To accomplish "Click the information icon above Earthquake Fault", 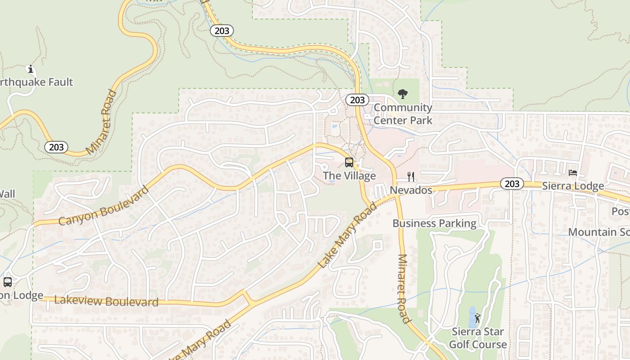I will [x=31, y=69].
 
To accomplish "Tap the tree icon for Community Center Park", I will [x=403, y=94].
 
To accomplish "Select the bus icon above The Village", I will [x=349, y=162].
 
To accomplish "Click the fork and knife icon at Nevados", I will [x=410, y=176].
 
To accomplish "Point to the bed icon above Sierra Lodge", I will [x=572, y=173].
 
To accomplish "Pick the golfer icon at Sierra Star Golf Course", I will [x=477, y=318].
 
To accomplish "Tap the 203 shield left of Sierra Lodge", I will [x=512, y=184].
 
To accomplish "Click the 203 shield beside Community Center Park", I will [x=357, y=100].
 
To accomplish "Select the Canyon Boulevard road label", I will [x=103, y=206].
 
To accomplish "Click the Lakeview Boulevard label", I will [x=106, y=301].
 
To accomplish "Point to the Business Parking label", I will [x=434, y=223].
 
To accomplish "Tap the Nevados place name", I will [x=411, y=190].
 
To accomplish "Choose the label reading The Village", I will [x=350, y=176].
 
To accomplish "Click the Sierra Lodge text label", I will [x=572, y=186].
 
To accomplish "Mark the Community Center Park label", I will [x=403, y=114].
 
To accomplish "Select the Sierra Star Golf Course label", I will [x=478, y=338].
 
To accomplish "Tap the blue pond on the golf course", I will [x=472, y=318].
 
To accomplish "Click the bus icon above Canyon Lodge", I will [x=8, y=282].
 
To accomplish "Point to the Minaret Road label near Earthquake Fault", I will [x=101, y=122].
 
